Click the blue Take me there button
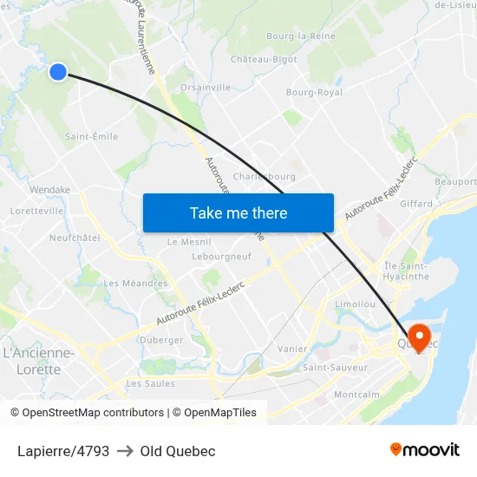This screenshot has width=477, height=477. (238, 212)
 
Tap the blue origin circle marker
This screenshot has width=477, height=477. (57, 72)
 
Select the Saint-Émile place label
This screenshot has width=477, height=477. (92, 136)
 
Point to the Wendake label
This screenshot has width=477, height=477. (49, 189)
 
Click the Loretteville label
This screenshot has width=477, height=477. (36, 211)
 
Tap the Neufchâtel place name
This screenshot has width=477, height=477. (75, 237)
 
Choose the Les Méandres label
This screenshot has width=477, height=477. (136, 283)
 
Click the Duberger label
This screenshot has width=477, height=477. (161, 340)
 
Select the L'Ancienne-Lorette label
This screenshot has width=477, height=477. (39, 361)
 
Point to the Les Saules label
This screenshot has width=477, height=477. (150, 383)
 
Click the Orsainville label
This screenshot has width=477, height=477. (206, 88)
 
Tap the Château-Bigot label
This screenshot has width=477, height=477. (264, 59)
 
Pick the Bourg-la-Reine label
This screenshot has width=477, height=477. (300, 36)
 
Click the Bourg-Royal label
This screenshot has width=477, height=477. (314, 92)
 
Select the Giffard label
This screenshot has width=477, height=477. (417, 205)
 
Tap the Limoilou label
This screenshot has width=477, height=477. (355, 304)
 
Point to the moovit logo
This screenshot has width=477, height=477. (425, 449)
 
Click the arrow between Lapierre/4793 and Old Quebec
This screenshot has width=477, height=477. (125, 451)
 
